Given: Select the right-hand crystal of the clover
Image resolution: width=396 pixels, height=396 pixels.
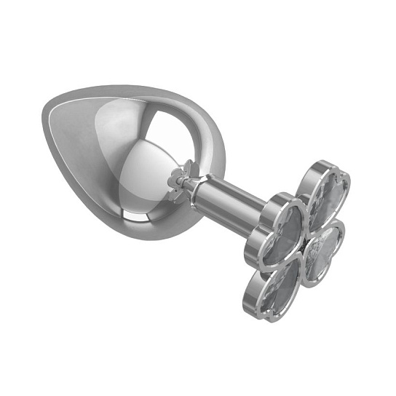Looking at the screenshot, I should pos(325,251).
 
